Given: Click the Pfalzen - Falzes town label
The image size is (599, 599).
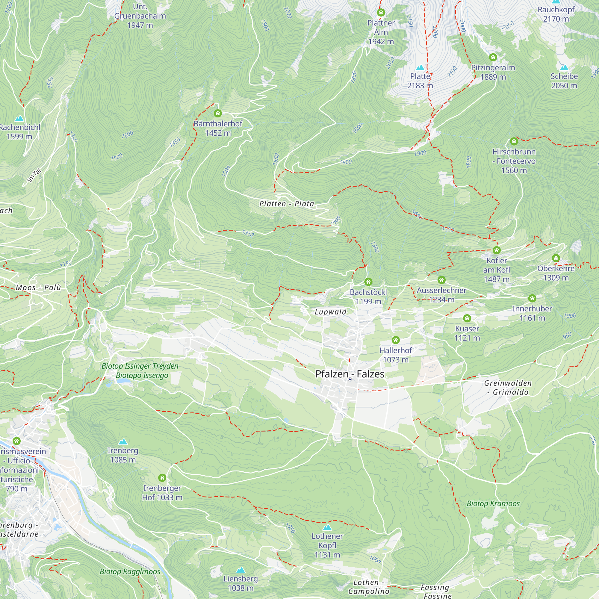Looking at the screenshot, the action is (x=350, y=374).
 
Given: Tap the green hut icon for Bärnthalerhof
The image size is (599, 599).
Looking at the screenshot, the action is (x=218, y=114).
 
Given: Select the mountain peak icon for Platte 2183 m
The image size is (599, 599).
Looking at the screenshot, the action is (x=420, y=68).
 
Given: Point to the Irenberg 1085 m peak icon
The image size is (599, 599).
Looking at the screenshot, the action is (x=123, y=441).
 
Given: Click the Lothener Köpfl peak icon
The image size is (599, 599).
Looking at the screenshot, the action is (x=327, y=527).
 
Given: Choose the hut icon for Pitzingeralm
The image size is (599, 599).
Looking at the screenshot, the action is (x=493, y=58).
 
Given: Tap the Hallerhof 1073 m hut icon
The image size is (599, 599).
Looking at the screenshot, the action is (x=396, y=340).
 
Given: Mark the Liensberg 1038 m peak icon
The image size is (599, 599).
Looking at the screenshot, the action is (x=240, y=570).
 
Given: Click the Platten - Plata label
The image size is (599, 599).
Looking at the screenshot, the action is (x=287, y=204).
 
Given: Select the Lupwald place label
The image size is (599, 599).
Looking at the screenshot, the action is (x=331, y=312).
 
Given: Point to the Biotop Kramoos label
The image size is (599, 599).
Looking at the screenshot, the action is (x=493, y=503).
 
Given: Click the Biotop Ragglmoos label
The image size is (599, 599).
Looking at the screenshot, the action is (x=130, y=571).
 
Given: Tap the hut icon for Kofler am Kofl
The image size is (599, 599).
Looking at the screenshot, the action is (x=497, y=250).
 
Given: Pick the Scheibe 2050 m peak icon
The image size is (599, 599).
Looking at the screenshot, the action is (x=564, y=68).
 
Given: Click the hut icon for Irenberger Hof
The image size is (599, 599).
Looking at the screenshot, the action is (x=162, y=478).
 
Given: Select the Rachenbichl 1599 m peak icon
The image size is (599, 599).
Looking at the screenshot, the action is (x=19, y=118).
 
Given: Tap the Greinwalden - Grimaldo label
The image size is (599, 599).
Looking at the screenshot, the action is (x=508, y=388).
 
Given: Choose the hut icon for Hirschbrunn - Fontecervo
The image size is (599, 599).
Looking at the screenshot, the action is (x=514, y=142).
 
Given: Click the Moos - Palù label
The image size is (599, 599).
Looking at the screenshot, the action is (x=38, y=288).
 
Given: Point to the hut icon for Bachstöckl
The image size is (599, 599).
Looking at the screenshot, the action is (x=368, y=282).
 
